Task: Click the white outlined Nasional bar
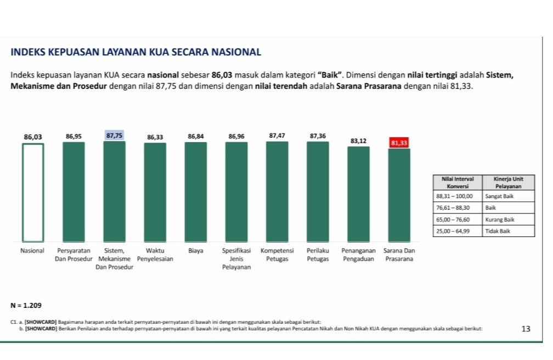[x=33, y=192]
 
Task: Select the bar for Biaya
[x=196, y=192]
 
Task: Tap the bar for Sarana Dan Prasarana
[x=399, y=195]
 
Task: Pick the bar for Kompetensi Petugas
[x=277, y=192]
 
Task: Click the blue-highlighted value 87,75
[x=114, y=135]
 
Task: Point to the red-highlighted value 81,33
[x=399, y=143]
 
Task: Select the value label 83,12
[x=358, y=141]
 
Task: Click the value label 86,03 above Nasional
[x=33, y=136]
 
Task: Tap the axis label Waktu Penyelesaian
[x=155, y=254]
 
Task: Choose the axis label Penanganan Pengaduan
[x=358, y=254]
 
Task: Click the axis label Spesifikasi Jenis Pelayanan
[x=236, y=258]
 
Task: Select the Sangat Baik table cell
[x=508, y=196]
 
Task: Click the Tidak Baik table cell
[x=508, y=231]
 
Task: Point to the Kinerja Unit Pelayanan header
[x=508, y=183]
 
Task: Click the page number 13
[x=526, y=329]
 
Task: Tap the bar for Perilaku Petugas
[x=318, y=192]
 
